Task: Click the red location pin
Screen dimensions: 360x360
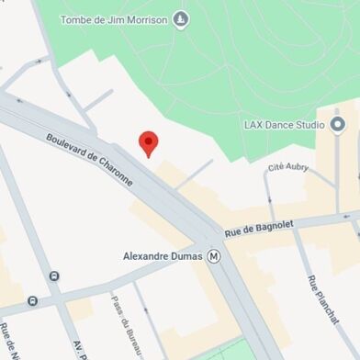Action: (x=148, y=143)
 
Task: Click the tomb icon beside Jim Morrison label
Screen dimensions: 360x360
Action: (x=181, y=18)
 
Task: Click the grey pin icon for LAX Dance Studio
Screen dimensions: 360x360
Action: (x=337, y=124)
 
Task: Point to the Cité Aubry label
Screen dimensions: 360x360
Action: (x=288, y=167)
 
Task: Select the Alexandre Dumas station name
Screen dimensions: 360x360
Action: (x=163, y=256)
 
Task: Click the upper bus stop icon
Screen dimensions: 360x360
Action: (x=54, y=276)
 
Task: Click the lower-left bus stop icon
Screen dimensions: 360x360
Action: (x=32, y=300)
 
